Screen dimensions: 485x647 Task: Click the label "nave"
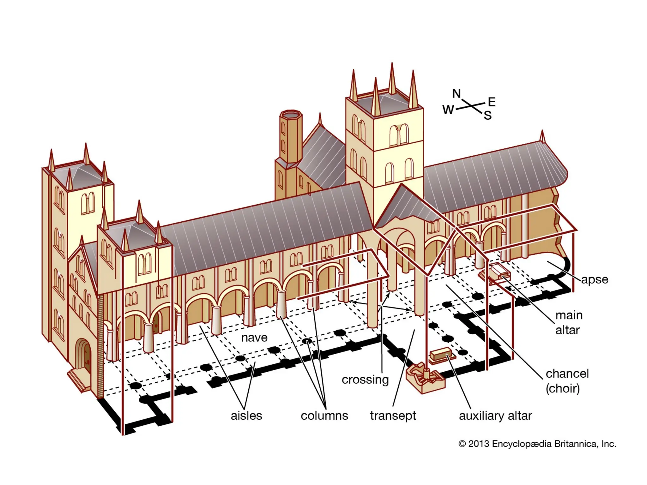coord(254,338)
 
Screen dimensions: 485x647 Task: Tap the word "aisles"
coord(246,416)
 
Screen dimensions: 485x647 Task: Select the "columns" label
coord(324,416)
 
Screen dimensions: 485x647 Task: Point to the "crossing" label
coord(365,380)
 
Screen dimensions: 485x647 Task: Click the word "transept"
coord(393,416)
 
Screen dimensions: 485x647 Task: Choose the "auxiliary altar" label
coord(495,416)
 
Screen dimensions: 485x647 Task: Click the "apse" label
coord(595,279)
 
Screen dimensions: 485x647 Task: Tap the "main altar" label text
coord(569,322)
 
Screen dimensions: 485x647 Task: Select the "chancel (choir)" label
coord(567,381)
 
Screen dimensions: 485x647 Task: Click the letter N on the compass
coord(457,93)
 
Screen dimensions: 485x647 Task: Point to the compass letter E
coord(492,102)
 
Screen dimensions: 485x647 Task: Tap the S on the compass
coord(488,116)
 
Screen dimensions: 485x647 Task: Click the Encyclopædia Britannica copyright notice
coord(537,444)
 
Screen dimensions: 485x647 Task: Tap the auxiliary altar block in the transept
coord(441,355)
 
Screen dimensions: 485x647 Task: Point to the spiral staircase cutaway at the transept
coord(425,377)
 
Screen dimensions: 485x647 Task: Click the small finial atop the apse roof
coord(542,136)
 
